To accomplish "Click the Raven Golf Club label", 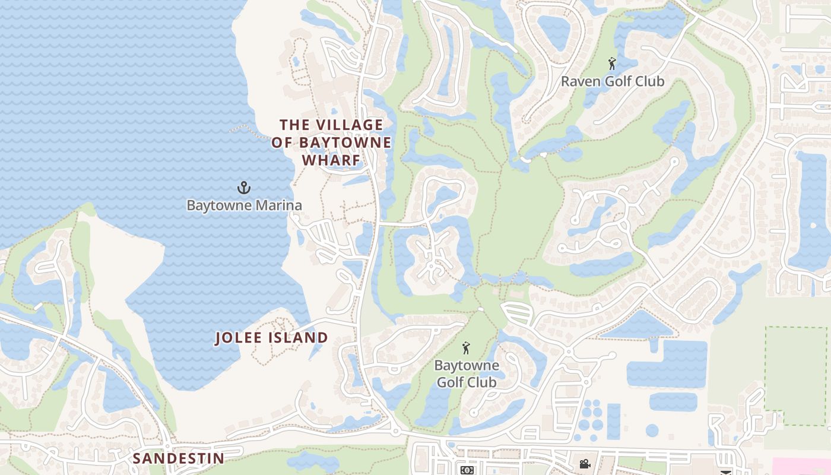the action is tap(612, 81).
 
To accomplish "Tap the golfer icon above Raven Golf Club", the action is tap(612, 63).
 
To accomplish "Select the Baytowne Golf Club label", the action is tap(467, 373).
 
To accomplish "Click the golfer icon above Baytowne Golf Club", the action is tap(467, 348).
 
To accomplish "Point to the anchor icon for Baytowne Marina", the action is tap(243, 188).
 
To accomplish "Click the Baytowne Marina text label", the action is tap(244, 205).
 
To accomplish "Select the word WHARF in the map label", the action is tap(331, 160).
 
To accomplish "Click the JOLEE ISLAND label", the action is tap(271, 338).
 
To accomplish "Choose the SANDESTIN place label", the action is tap(178, 458).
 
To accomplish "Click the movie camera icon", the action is tap(585, 464).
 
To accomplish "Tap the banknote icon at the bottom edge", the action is tap(467, 470).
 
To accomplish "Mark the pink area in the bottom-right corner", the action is tap(801, 466).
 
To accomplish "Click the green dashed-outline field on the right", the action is tap(795, 375).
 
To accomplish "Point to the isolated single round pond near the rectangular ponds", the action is tap(652, 430).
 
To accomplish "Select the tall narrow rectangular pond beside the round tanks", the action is tap(614, 421).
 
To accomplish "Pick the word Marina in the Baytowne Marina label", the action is tap(280, 205).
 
